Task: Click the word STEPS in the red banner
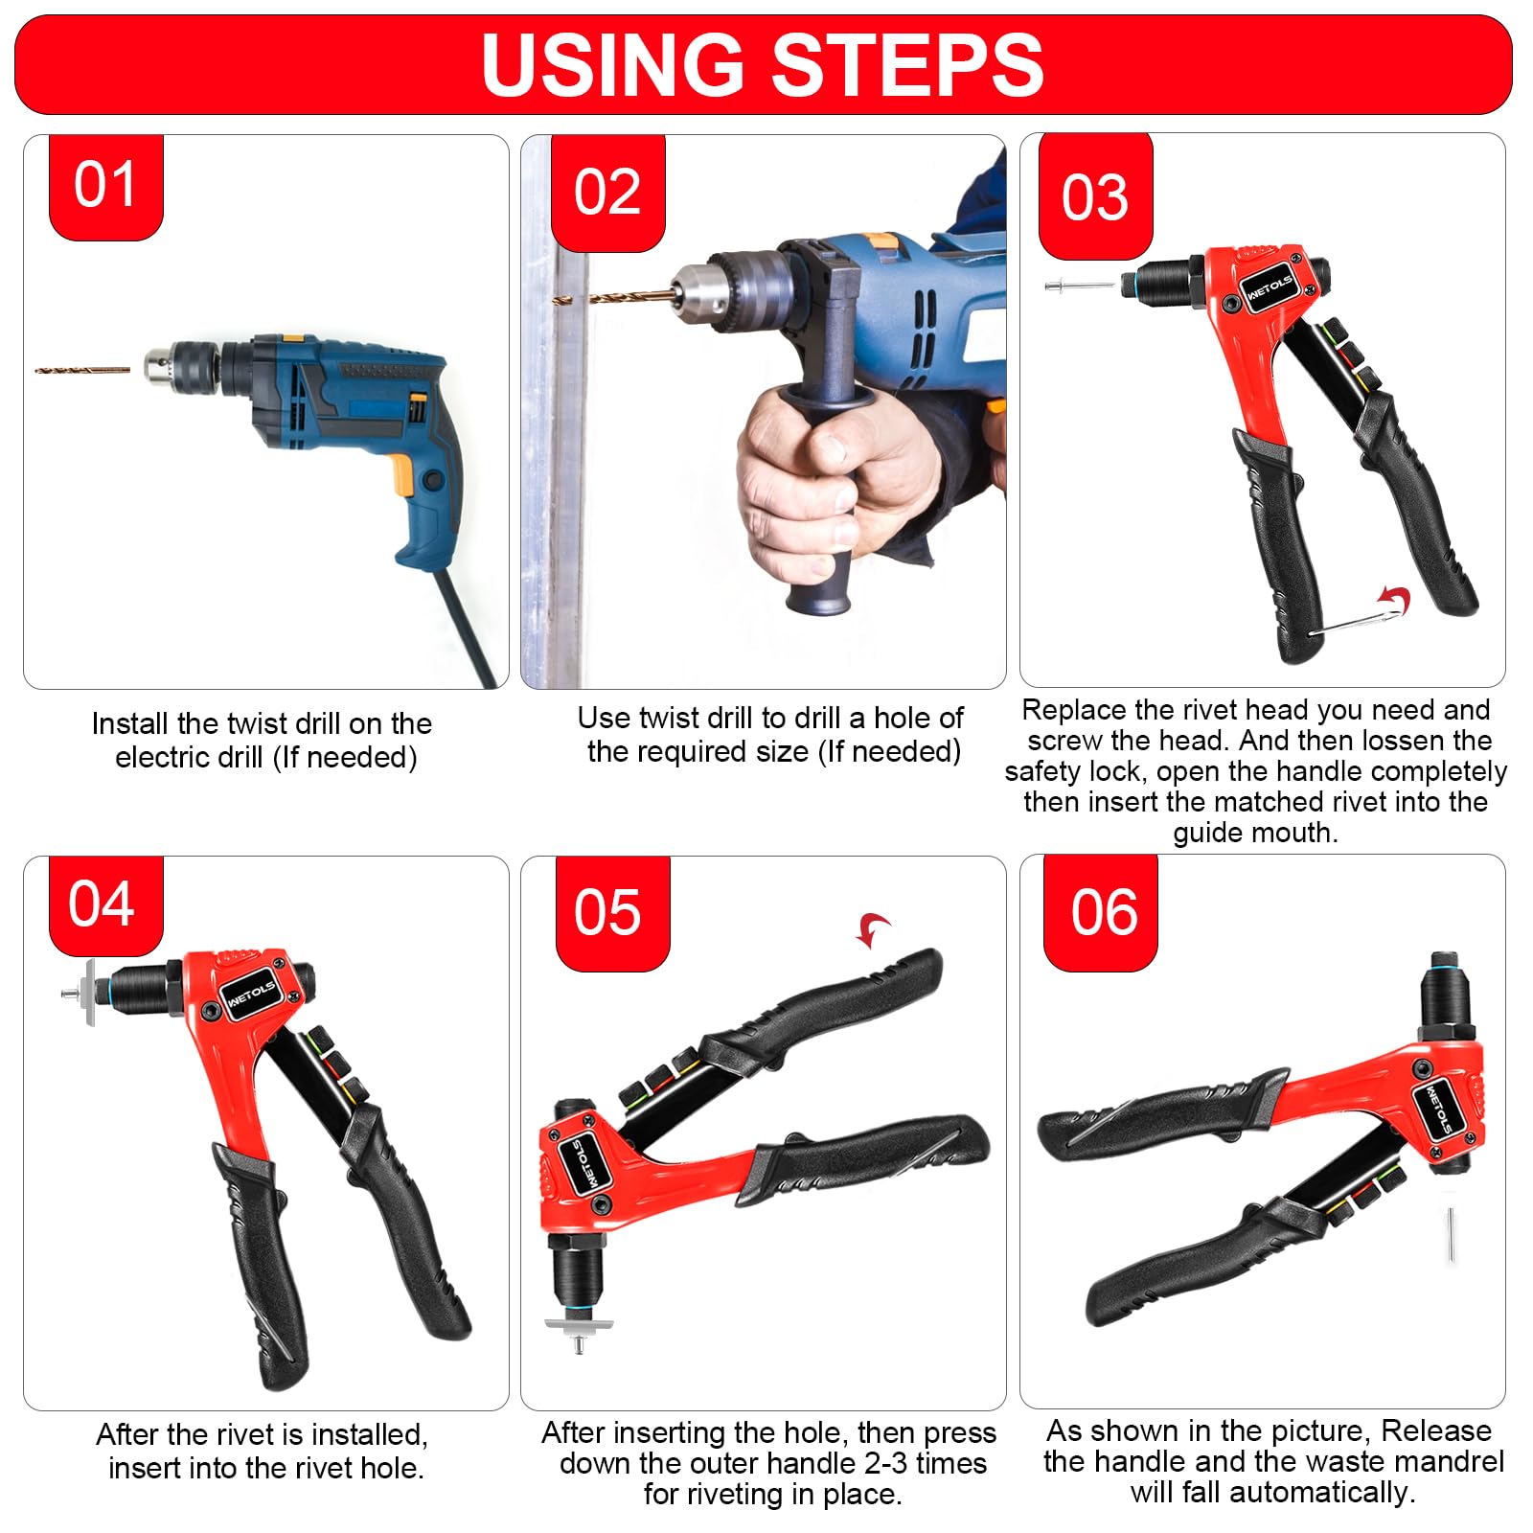click(x=906, y=65)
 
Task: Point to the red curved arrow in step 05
click(x=873, y=928)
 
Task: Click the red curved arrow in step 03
click(x=1395, y=601)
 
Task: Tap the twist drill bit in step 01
click(x=82, y=369)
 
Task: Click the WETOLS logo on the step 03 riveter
click(x=1270, y=287)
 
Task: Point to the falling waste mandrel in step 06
click(x=1453, y=1235)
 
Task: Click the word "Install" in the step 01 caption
click(x=130, y=723)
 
